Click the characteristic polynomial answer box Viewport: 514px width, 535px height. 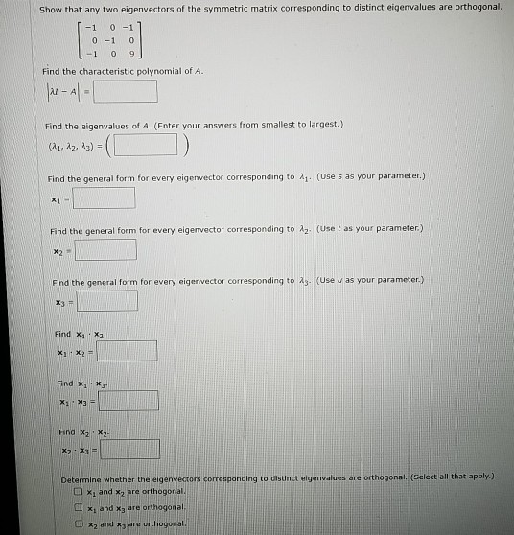(127, 92)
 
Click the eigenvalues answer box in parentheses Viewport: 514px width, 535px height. (147, 146)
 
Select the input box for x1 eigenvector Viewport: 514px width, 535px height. (105, 198)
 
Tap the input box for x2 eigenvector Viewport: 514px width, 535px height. (105, 250)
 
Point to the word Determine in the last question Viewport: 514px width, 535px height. (82, 474)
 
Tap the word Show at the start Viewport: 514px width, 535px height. (51, 8)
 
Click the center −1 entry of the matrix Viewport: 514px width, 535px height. (95, 41)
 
